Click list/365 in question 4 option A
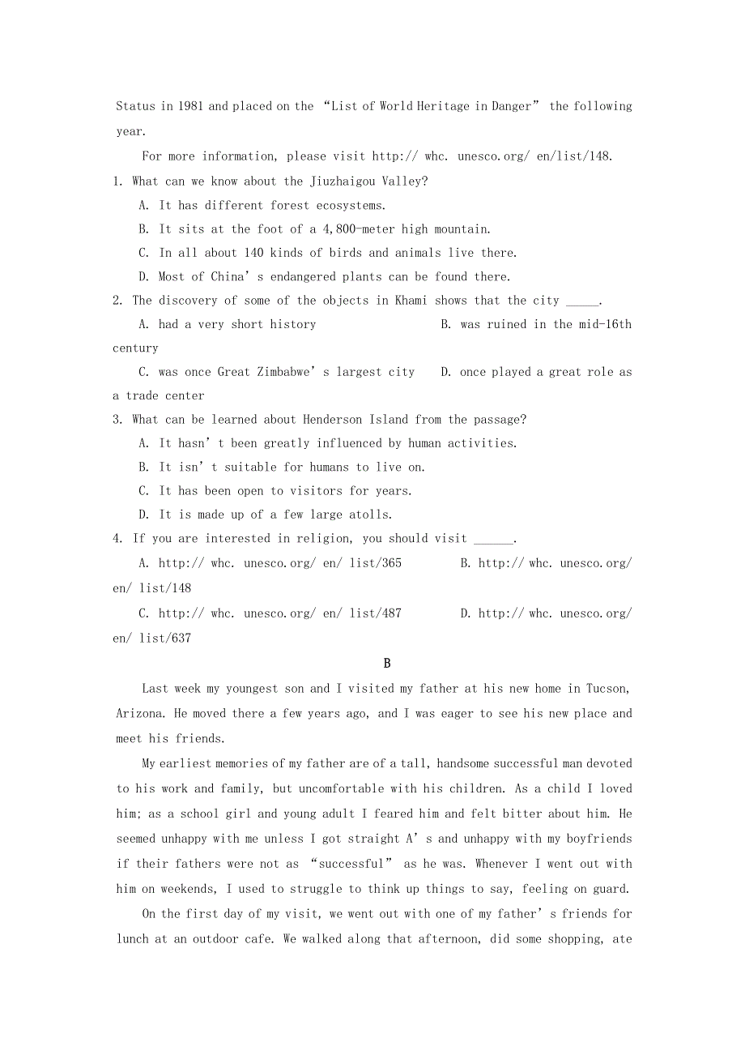click(x=376, y=563)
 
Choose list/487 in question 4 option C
click(x=376, y=613)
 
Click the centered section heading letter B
click(x=387, y=664)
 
